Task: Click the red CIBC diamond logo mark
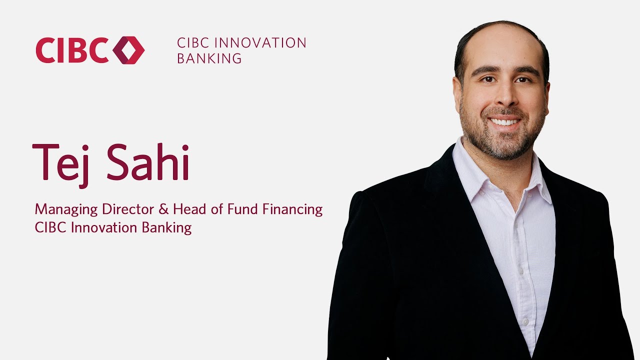(128, 50)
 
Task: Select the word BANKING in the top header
(209, 58)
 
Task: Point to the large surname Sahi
(148, 162)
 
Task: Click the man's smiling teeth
(505, 121)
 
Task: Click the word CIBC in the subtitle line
(51, 227)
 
